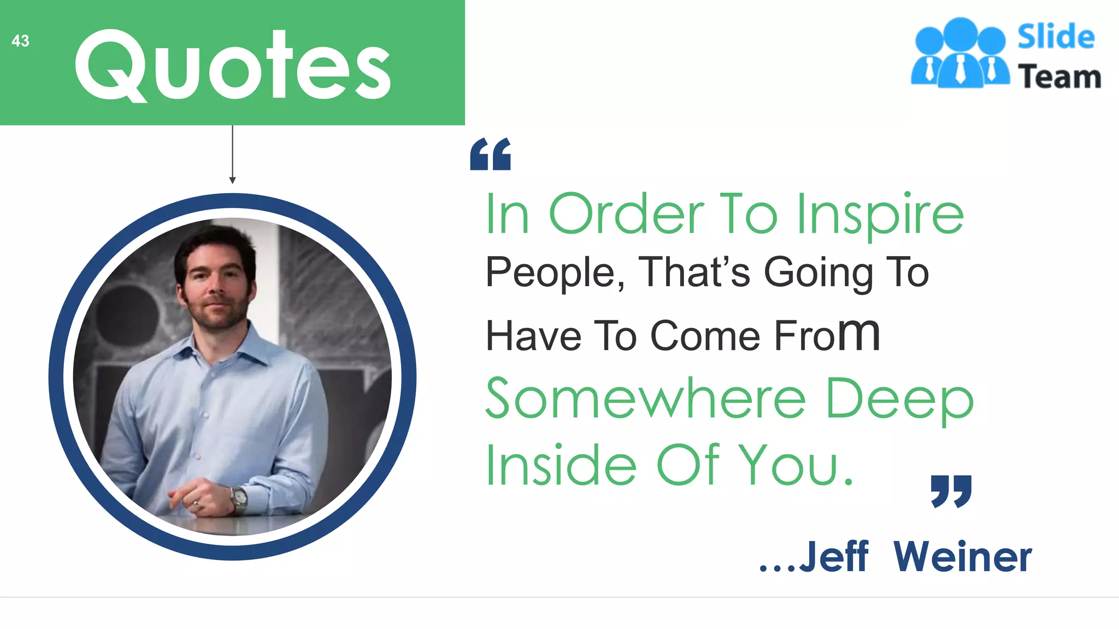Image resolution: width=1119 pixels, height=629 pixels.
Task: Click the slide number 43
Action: pos(20,41)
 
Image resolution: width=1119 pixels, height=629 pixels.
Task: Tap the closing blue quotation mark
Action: pos(951,491)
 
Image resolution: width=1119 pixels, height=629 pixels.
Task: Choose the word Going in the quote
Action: pos(818,273)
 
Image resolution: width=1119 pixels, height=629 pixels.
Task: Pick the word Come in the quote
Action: pos(705,336)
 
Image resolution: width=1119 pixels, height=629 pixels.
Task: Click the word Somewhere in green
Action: pos(645,399)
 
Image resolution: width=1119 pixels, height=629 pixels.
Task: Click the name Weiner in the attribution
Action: pos(963,557)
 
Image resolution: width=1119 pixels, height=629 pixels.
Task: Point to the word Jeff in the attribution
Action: pos(834,557)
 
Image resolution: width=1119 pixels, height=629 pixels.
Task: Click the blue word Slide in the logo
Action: pos(1056,37)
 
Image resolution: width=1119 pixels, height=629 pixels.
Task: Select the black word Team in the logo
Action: pos(1059,76)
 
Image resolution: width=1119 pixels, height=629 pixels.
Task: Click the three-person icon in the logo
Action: pos(960,54)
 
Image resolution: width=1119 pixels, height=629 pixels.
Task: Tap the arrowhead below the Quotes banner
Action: pos(232,180)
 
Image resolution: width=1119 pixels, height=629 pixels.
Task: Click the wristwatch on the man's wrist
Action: pos(239,499)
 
